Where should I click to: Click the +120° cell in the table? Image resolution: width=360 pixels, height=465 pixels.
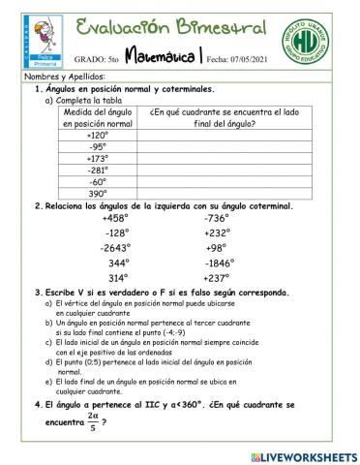coord(97,136)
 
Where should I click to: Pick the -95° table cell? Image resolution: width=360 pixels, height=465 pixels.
coord(97,147)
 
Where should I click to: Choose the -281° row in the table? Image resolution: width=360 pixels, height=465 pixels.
coord(97,170)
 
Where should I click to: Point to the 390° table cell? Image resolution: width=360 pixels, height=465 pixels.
coord(97,192)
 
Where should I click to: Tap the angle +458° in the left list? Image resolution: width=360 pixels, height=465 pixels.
coord(114,218)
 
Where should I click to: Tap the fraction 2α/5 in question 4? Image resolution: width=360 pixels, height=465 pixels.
coord(92,421)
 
